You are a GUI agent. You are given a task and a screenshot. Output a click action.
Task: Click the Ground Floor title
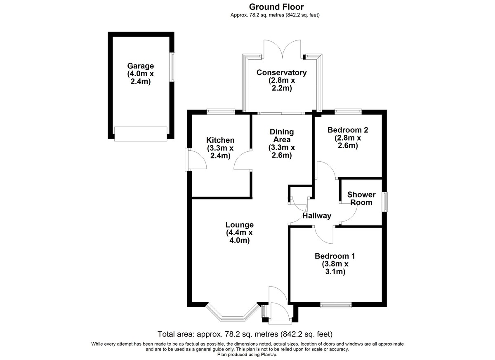click(x=276, y=7)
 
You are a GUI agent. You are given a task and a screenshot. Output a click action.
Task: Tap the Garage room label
click(x=140, y=74)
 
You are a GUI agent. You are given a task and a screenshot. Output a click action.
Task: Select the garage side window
click(x=172, y=67)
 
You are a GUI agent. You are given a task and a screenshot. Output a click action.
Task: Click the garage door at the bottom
click(x=141, y=134)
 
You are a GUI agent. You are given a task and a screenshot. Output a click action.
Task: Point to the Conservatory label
click(x=281, y=80)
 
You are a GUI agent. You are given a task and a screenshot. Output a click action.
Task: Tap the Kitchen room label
click(x=220, y=148)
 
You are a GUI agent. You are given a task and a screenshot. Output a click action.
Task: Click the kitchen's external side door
click(x=196, y=160)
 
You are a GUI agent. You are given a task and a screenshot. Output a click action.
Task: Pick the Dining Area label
click(x=282, y=144)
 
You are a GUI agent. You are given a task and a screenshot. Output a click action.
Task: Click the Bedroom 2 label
click(x=348, y=138)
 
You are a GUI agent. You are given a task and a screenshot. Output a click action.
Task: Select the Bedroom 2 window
click(x=348, y=111)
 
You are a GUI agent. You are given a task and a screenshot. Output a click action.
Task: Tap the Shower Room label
click(x=361, y=198)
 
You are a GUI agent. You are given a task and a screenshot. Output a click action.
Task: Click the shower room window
click(x=385, y=202)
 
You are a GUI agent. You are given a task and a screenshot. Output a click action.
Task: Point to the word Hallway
click(x=317, y=216)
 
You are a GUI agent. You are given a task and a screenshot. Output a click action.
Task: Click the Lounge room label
click(x=240, y=233)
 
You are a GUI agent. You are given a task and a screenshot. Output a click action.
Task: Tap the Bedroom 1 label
click(x=335, y=264)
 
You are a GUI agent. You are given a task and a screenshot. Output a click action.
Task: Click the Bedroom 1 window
click(x=336, y=306)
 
